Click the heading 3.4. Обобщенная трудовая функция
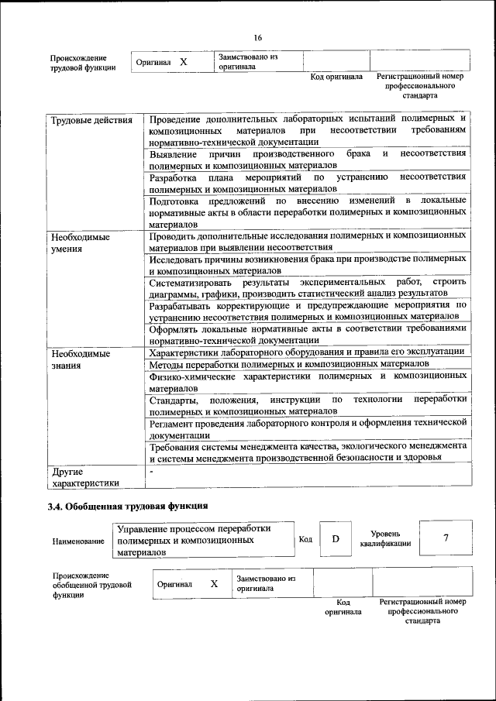tap(127, 507)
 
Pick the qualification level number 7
tap(446, 539)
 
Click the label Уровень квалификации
tap(385, 539)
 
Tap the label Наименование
tap(78, 541)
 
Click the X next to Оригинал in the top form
tap(184, 61)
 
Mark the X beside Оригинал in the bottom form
tap(214, 583)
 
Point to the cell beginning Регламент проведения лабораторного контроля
tap(308, 429)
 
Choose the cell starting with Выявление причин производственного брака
tap(308, 160)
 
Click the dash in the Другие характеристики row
tap(152, 470)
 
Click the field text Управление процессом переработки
tap(194, 528)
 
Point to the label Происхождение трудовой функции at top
tap(83, 63)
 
